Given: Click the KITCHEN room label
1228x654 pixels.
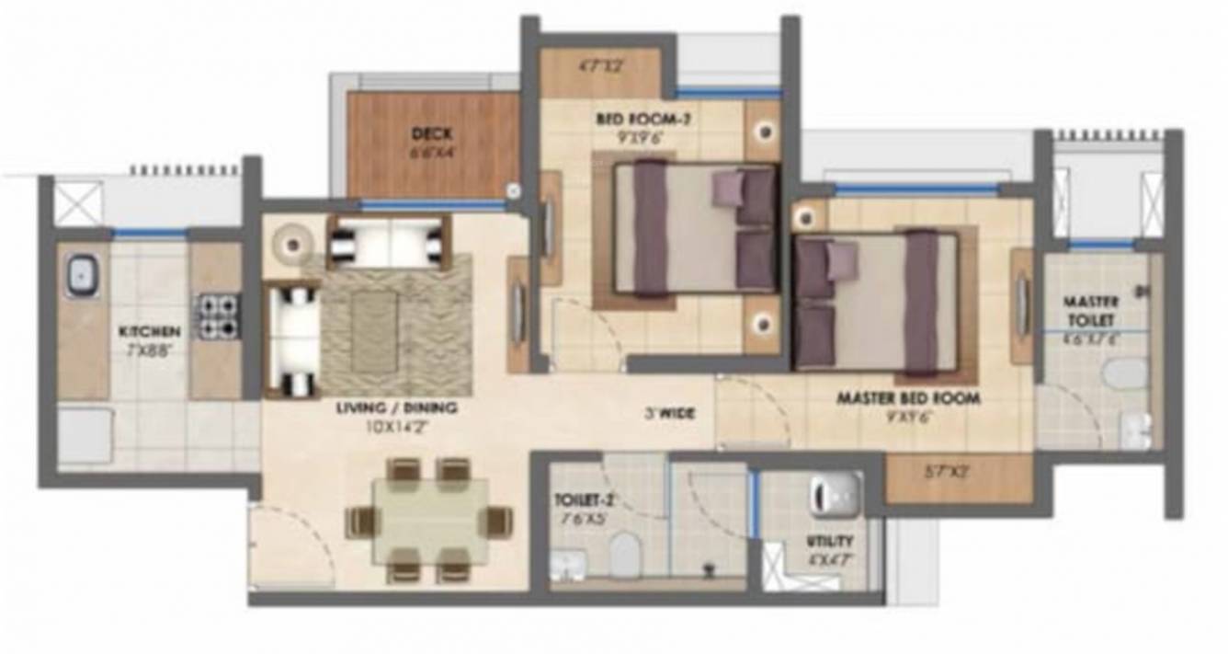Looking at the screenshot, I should point(147,331).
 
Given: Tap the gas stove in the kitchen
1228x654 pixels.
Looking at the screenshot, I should point(218,316).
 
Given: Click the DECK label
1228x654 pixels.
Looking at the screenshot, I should point(431,134).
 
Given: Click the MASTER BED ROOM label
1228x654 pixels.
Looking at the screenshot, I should point(907,399).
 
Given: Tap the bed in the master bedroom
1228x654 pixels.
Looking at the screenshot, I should point(877,301).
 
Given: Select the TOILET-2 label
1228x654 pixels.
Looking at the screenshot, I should point(585,501).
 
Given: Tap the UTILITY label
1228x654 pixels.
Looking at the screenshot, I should point(831,541).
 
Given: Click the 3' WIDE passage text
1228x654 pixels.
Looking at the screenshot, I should point(669,414).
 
